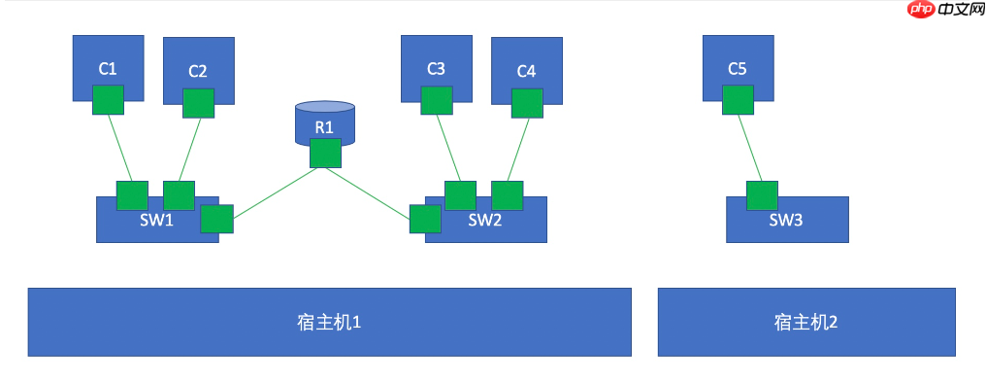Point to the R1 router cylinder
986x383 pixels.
[324, 122]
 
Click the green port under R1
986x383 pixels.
[325, 154]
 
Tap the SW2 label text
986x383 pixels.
[485, 220]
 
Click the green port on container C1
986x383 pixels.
[108, 99]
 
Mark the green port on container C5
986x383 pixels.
[738, 99]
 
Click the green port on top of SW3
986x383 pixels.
[761, 195]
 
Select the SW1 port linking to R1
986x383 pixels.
[216, 220]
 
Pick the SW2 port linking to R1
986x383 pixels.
[425, 219]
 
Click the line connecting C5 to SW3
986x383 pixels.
[749, 148]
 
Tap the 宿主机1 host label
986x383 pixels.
[329, 322]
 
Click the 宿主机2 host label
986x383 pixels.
[805, 322]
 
